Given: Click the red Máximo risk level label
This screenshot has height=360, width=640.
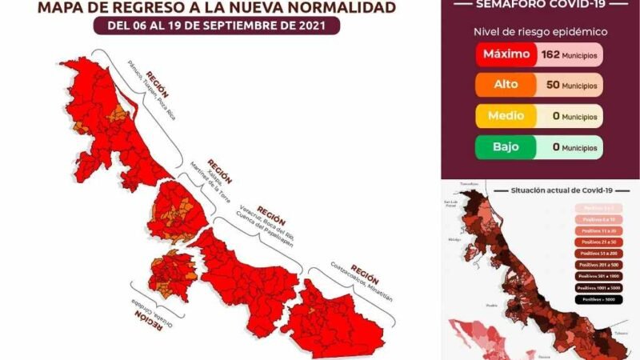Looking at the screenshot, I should click(x=506, y=54).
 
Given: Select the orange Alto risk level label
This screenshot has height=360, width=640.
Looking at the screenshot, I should click(x=506, y=85).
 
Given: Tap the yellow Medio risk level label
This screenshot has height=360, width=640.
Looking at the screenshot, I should click(x=506, y=116).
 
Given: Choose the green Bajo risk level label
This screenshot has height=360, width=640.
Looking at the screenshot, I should click(x=506, y=147).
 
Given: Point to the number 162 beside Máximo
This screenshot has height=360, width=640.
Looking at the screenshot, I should click(x=549, y=54).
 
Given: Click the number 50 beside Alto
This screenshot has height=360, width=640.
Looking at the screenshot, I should click(x=550, y=85).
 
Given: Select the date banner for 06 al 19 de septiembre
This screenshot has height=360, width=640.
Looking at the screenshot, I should click(x=216, y=26).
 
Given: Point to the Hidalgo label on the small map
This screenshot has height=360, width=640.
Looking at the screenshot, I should click(x=451, y=238).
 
